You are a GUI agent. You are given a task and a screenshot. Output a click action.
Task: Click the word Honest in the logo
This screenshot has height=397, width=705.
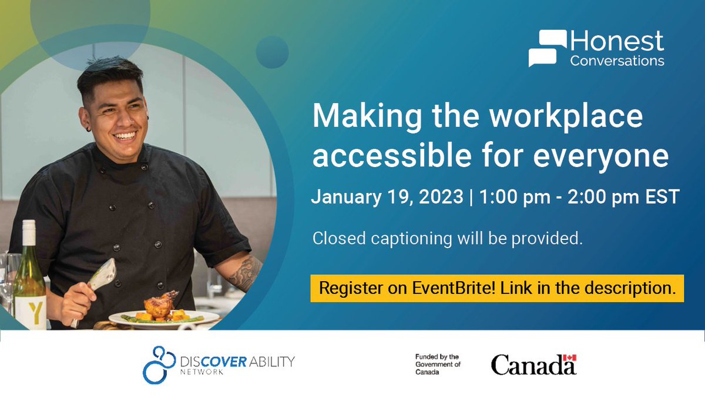pos(617,42)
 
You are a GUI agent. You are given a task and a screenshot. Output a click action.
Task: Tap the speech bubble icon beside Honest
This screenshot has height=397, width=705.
pos(548,48)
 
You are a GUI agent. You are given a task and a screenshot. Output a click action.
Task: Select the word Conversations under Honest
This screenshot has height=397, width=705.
pos(617,61)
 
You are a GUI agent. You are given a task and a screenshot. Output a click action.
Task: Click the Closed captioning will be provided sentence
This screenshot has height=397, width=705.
pos(447,239)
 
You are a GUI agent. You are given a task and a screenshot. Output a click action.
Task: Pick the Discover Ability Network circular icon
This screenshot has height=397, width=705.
pos(159,365)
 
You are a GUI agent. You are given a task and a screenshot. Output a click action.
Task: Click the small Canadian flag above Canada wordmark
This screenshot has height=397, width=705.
pos(569,358)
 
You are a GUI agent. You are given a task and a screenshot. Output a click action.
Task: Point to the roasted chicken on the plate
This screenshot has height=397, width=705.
pos(160,304)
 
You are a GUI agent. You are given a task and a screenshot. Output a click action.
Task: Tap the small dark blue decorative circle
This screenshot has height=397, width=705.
pos(272,51)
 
